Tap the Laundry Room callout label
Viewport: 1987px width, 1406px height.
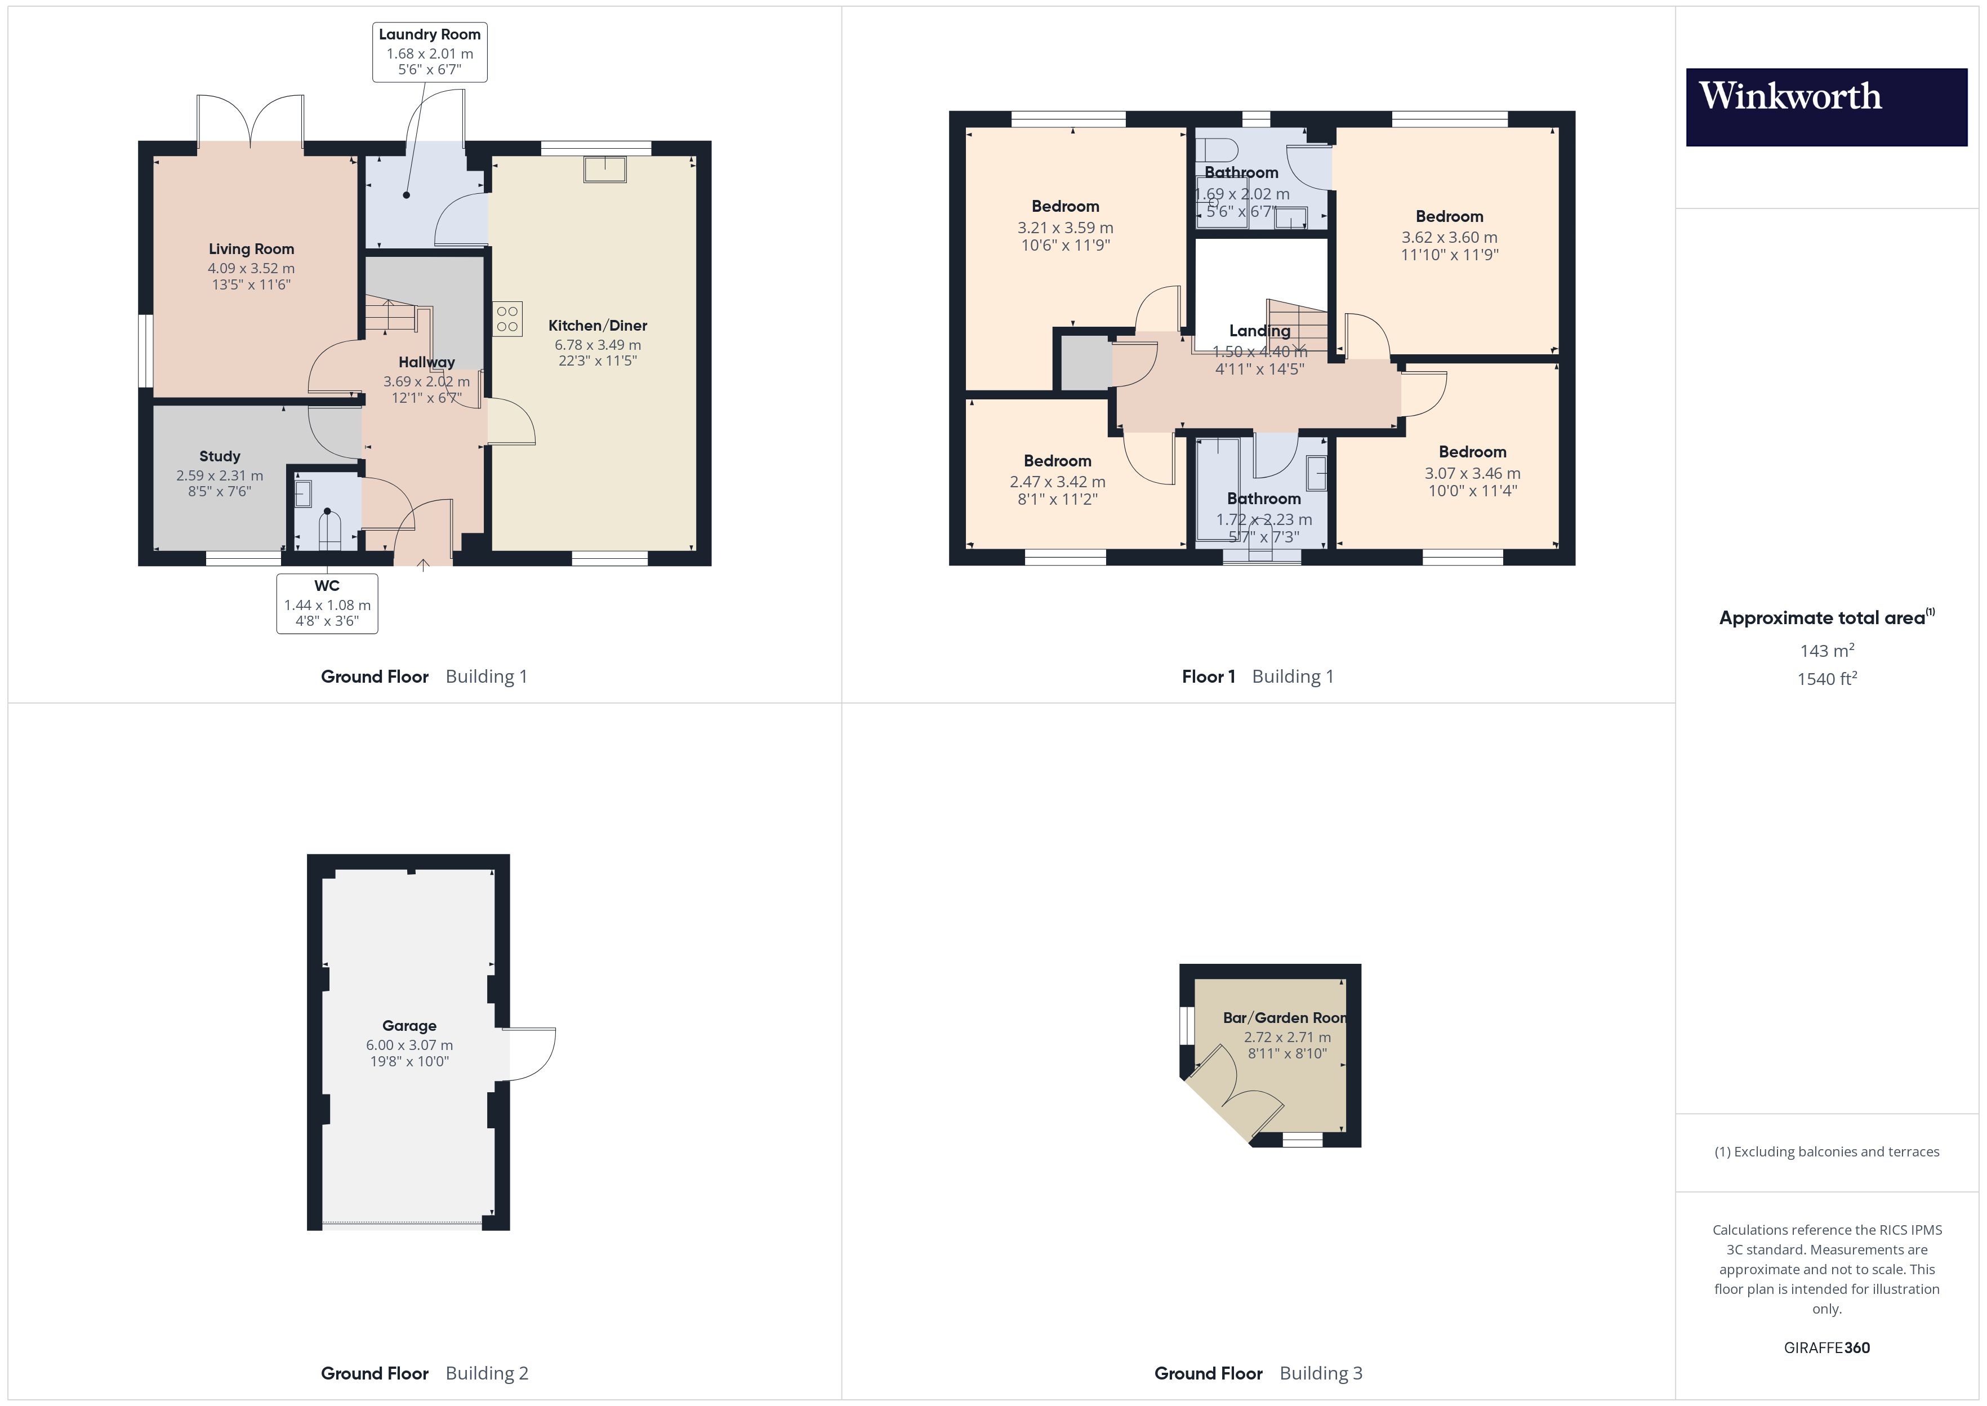[429, 52]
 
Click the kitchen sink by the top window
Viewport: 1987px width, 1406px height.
[604, 169]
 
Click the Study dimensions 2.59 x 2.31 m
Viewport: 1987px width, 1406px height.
[219, 475]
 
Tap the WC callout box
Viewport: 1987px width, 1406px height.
[327, 603]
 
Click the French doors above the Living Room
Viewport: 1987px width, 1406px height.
[251, 121]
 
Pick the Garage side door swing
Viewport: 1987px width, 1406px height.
[529, 1054]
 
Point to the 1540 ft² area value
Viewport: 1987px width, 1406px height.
[1826, 679]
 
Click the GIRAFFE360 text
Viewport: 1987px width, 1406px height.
[1826, 1348]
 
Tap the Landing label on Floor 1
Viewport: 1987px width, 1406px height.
[1259, 331]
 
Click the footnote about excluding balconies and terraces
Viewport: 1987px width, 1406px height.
[1826, 1151]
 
